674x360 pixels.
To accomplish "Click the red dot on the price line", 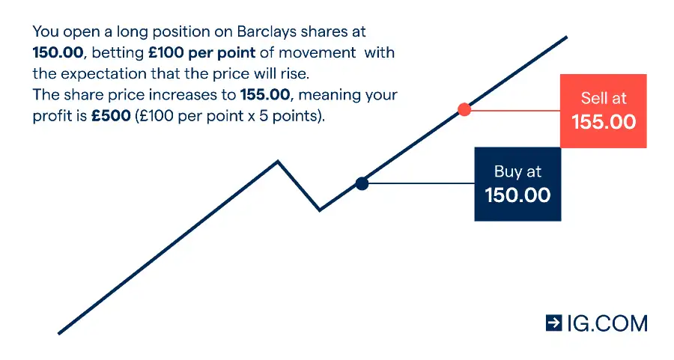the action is (x=464, y=109).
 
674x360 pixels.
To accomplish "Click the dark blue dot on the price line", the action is (x=362, y=184).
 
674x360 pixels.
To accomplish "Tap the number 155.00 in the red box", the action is (x=604, y=122).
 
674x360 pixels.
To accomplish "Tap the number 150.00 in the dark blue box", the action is (x=517, y=195).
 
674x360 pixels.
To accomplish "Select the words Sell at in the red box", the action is (x=604, y=98).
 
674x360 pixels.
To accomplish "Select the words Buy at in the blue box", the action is (x=517, y=171).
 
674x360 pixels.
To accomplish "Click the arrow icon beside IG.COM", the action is (x=553, y=323).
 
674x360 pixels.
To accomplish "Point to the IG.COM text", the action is (x=607, y=323).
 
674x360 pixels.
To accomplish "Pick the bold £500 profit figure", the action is (x=111, y=116).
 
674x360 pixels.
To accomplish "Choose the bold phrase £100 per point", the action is (x=202, y=53).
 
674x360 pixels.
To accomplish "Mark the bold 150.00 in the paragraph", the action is (x=58, y=53).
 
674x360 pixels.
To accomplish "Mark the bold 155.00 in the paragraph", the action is (x=265, y=94).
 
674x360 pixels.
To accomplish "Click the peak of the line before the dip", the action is (x=278, y=162).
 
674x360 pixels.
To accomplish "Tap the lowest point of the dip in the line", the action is (x=319, y=210).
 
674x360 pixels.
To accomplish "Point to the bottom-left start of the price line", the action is (x=59, y=333).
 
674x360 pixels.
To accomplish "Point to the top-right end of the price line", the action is (x=567, y=37).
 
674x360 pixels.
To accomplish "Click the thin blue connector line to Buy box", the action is (x=422, y=183).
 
